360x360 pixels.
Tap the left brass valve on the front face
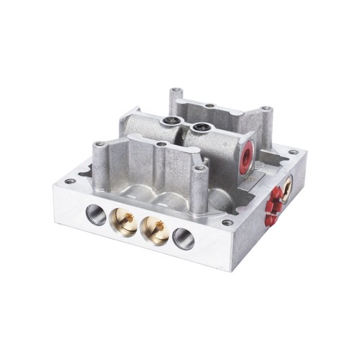(123, 223)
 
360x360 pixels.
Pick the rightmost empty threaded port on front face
(181, 237)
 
